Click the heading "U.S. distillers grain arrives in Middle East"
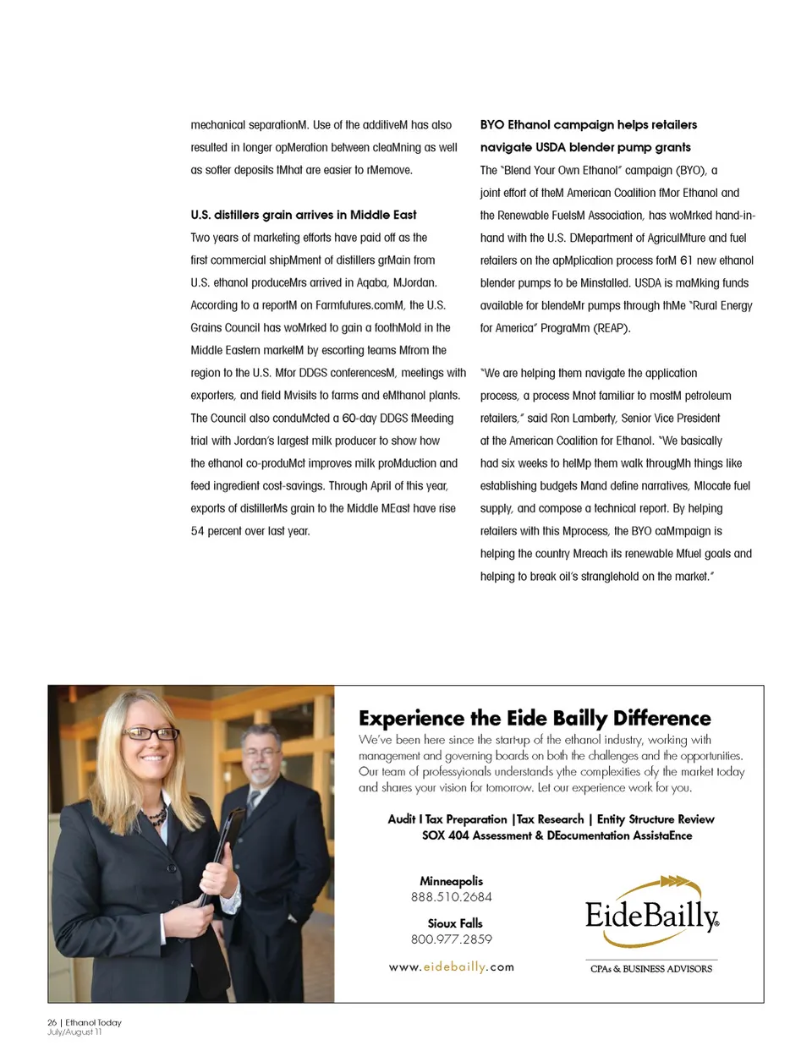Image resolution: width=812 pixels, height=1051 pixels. pyautogui.click(x=304, y=215)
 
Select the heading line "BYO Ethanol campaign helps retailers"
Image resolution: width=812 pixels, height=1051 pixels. pyautogui.click(x=589, y=124)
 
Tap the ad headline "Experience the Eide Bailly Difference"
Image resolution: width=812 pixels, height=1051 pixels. pyautogui.click(x=535, y=718)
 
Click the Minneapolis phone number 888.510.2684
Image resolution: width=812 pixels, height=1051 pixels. pyautogui.click(x=451, y=897)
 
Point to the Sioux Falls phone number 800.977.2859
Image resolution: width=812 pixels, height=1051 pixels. pyautogui.click(x=451, y=939)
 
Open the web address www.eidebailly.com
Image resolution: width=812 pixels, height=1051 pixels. pyautogui.click(x=451, y=967)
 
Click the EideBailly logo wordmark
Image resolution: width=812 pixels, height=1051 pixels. pyautogui.click(x=651, y=916)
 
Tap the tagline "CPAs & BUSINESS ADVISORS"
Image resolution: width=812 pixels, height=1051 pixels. pyautogui.click(x=651, y=969)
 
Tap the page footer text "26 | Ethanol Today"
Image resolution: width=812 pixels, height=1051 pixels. pyautogui.click(x=85, y=1022)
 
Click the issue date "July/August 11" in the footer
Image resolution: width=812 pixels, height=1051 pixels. pyautogui.click(x=74, y=1032)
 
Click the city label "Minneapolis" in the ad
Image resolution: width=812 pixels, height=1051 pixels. pyautogui.click(x=451, y=881)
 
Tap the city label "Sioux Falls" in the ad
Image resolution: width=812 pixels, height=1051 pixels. pyautogui.click(x=454, y=923)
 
